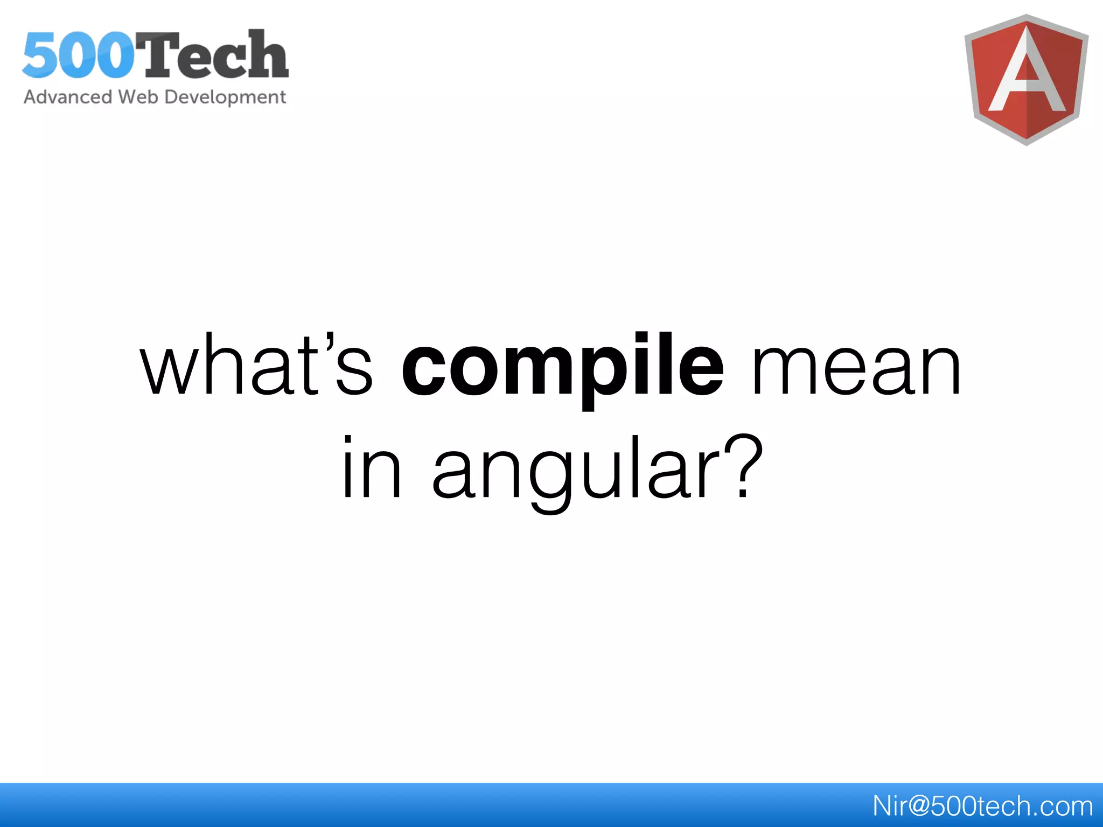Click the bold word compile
click(x=563, y=366)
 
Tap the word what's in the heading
click(x=256, y=366)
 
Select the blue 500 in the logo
click(x=78, y=55)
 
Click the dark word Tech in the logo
click(x=215, y=55)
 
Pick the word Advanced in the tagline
click(x=68, y=97)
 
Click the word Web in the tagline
click(x=138, y=97)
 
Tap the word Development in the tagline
click(x=225, y=97)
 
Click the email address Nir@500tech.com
click(x=982, y=806)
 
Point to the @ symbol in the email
click(x=914, y=806)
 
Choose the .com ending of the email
click(x=1064, y=806)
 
